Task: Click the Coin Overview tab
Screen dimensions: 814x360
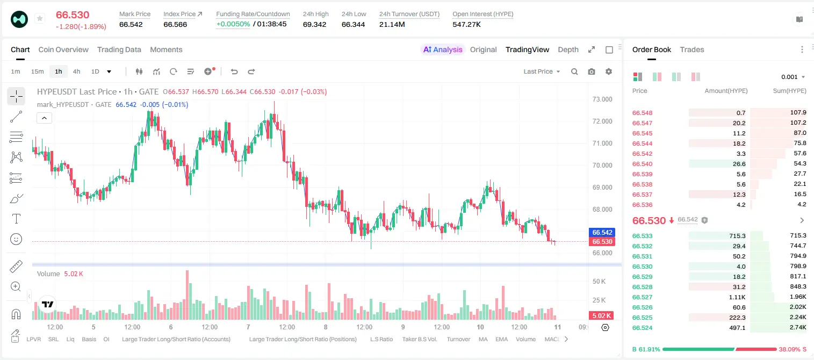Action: pos(63,49)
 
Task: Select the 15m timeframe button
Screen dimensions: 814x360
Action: pos(37,71)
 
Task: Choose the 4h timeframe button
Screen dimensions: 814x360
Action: pos(76,71)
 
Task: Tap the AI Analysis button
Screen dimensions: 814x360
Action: pos(442,49)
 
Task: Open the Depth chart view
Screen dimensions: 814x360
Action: pos(568,49)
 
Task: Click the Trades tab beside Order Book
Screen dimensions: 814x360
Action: pos(692,49)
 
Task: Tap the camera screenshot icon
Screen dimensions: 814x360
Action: pos(592,71)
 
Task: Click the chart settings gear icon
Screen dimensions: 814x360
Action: pos(609,71)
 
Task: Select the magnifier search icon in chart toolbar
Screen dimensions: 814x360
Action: pos(574,71)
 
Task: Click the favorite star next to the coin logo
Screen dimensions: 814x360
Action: pos(40,18)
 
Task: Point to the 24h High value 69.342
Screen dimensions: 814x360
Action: pos(315,24)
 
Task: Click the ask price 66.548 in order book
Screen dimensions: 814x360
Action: pos(642,113)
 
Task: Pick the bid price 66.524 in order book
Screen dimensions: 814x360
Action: pos(642,328)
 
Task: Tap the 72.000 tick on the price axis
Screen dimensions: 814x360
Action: pos(602,121)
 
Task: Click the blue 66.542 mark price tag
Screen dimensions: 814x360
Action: pos(602,233)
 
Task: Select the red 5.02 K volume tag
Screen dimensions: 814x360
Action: pos(601,316)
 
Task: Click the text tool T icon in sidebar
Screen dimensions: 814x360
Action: pos(16,219)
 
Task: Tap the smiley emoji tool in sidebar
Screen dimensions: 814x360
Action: pos(16,239)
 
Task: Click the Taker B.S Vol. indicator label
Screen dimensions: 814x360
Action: pos(419,339)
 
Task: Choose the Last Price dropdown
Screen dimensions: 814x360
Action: pos(542,71)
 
